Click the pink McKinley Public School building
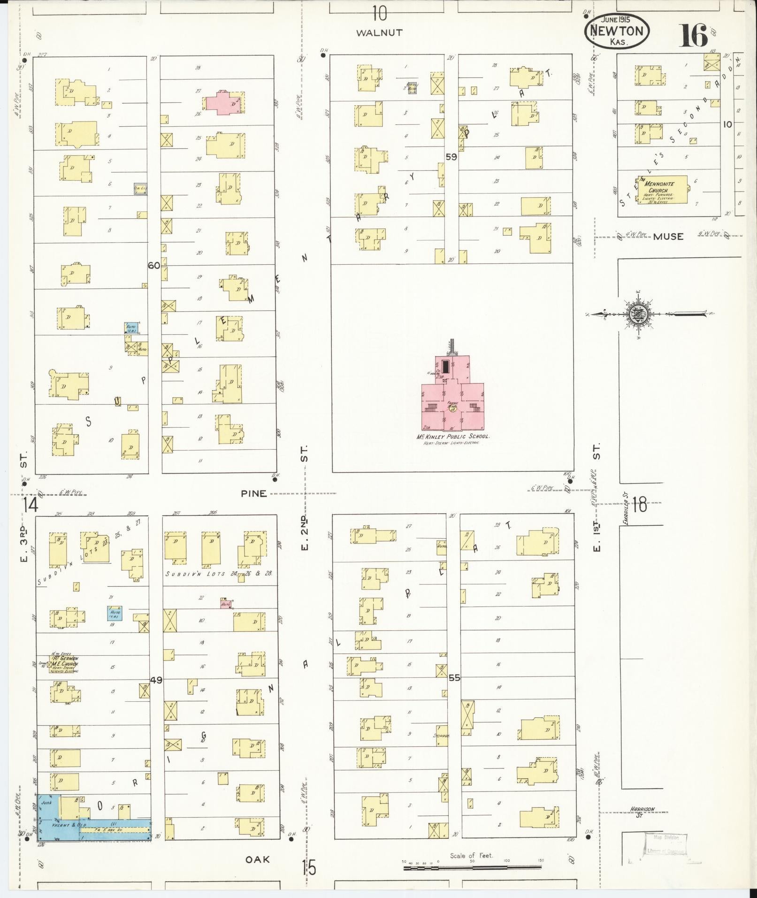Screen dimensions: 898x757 tap(452, 394)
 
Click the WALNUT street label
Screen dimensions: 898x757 tap(379, 32)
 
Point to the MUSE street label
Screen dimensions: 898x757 tap(668, 237)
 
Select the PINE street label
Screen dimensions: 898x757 tap(253, 493)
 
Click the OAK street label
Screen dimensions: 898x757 tap(258, 859)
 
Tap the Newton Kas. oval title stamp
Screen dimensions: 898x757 tap(617, 31)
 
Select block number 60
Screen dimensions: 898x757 tap(153, 265)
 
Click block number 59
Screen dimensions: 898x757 tap(451, 157)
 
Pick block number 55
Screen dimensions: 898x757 tap(454, 677)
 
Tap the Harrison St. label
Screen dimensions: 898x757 tap(642, 812)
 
